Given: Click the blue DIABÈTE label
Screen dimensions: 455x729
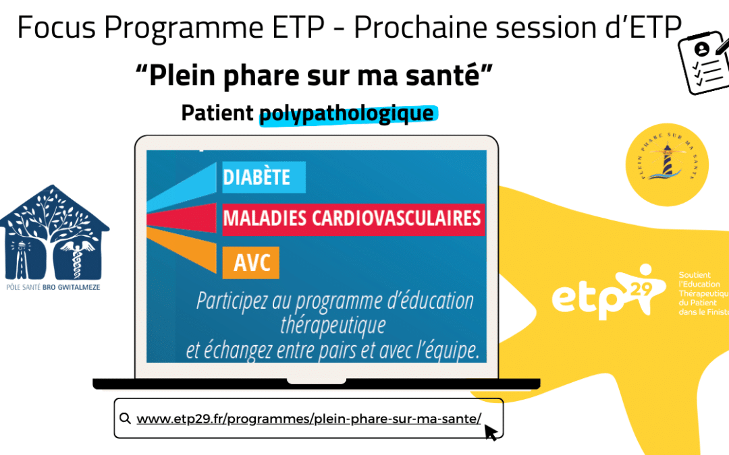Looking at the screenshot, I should pyautogui.click(x=264, y=177).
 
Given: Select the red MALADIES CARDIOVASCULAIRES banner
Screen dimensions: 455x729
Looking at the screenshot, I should pyautogui.click(x=353, y=218).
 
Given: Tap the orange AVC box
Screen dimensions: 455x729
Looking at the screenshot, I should pyautogui.click(x=251, y=263).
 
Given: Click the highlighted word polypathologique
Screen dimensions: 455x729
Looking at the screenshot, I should pyautogui.click(x=347, y=113).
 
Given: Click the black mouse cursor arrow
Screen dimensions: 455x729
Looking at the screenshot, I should pyautogui.click(x=491, y=431).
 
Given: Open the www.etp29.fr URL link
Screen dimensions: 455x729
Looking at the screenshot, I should pyautogui.click(x=308, y=419).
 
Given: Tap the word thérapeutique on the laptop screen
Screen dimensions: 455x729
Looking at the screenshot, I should pyautogui.click(x=333, y=325).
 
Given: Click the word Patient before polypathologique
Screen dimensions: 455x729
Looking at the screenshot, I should pyautogui.click(x=217, y=113).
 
